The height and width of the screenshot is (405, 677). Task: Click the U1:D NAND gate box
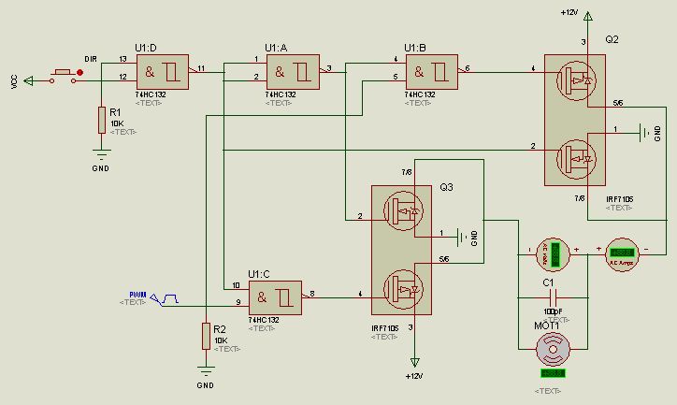[162, 71]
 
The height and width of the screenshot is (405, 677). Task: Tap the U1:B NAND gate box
[431, 71]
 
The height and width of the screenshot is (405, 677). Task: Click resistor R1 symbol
[101, 121]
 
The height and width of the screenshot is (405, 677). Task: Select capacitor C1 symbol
[553, 297]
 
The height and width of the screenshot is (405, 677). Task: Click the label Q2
[612, 40]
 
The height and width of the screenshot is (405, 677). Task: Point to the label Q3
[447, 187]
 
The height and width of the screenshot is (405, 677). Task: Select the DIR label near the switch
[91, 59]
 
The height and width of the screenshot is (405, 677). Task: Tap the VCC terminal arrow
[27, 80]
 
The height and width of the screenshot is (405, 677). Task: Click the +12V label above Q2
[569, 12]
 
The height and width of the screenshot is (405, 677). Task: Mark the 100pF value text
[552, 310]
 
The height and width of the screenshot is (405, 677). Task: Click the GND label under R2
[206, 384]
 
